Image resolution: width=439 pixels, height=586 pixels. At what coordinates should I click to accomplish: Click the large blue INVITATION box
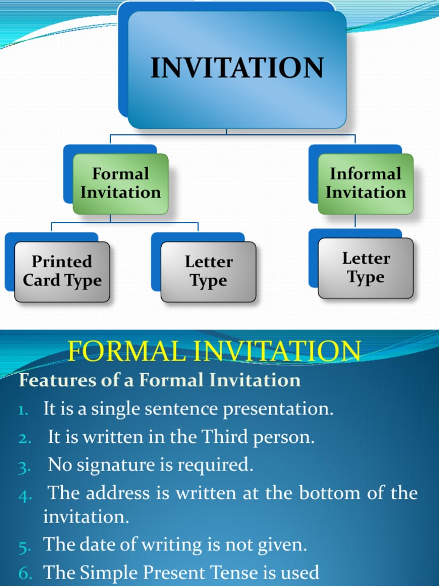[x=237, y=69]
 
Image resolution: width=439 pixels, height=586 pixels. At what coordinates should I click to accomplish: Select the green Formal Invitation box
[x=121, y=184]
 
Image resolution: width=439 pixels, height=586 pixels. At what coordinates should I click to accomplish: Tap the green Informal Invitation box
[x=365, y=184]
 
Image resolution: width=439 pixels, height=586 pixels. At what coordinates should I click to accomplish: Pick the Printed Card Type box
[x=62, y=271]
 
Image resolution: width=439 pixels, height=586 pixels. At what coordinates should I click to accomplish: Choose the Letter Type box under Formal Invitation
[x=208, y=271]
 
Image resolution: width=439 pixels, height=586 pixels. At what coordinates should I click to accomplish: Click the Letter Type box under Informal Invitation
[x=365, y=268]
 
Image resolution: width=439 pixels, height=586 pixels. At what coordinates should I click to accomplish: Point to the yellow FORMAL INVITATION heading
[x=214, y=351]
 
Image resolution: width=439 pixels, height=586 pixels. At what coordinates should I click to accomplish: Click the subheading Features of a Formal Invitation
[x=160, y=381]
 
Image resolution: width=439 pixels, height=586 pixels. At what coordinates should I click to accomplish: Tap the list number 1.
[x=25, y=410]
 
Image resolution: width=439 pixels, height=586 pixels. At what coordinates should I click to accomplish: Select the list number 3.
[x=24, y=467]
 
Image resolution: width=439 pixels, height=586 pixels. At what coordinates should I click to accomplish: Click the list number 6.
[x=24, y=573]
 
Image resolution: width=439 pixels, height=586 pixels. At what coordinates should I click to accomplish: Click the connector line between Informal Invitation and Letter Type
[x=356, y=221]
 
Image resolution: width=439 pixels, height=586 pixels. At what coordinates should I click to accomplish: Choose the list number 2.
[x=24, y=439]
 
